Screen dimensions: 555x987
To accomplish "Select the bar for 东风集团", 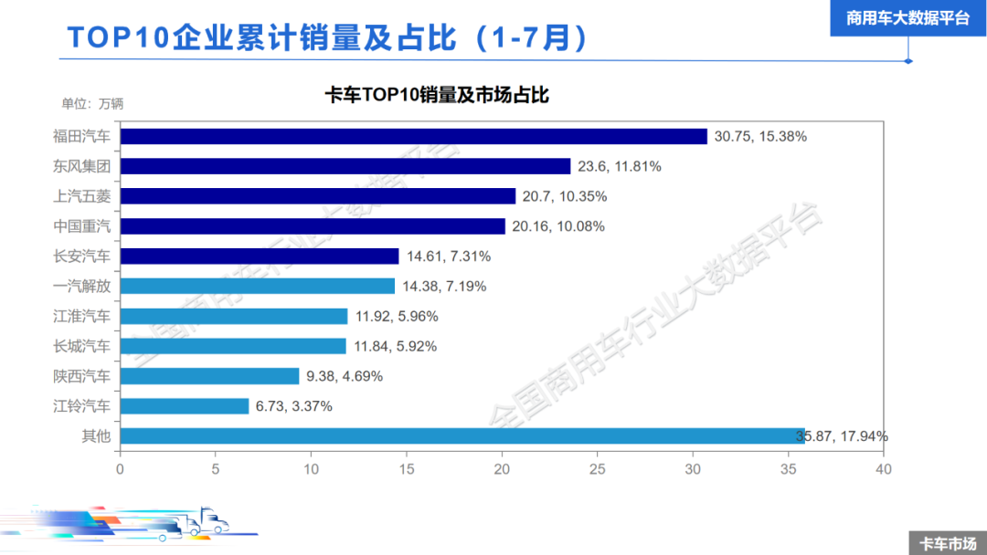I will (x=345, y=166).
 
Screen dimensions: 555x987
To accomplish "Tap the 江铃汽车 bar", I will (x=184, y=406).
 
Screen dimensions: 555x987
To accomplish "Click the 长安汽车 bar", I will (x=260, y=257).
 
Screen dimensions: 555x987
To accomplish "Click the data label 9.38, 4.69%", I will (x=345, y=376).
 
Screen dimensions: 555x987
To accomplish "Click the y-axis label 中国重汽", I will (x=81, y=226).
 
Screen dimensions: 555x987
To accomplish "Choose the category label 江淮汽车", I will (x=81, y=316).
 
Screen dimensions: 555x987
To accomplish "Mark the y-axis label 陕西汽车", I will (x=81, y=376).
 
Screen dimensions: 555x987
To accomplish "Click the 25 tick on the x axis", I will (x=597, y=469).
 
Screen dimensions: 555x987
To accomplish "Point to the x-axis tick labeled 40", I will (x=883, y=469).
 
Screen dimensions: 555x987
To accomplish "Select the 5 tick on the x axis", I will (x=215, y=469).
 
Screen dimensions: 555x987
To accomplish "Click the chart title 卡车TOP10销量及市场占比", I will (x=436, y=95).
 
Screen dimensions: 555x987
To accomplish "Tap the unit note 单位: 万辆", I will (x=92, y=103).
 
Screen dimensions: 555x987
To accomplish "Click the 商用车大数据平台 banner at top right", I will (x=907, y=18).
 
